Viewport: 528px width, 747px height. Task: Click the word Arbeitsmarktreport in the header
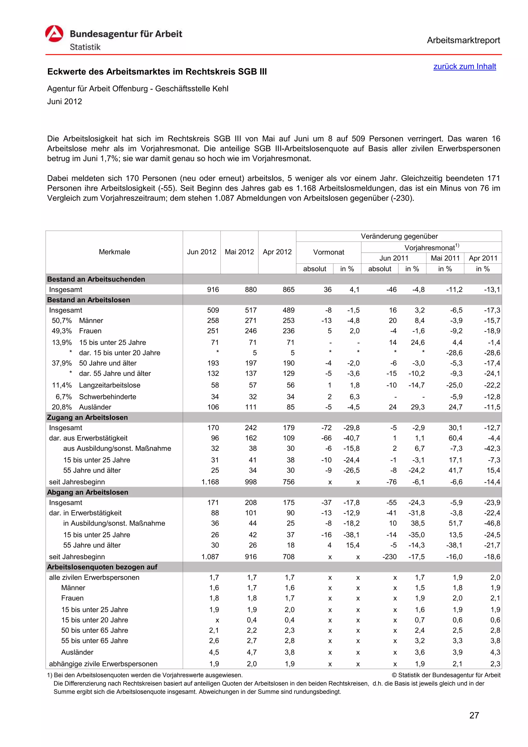point(463,40)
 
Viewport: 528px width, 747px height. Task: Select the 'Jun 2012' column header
point(201,252)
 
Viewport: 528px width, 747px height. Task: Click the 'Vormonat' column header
point(328,252)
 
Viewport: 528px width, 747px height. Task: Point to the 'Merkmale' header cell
point(114,252)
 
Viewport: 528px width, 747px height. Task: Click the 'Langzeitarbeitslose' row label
point(110,385)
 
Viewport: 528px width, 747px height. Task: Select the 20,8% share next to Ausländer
point(62,407)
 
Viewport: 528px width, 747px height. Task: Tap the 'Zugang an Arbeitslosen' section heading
point(87,417)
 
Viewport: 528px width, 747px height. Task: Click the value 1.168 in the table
point(210,482)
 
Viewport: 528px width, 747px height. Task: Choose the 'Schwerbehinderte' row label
point(107,397)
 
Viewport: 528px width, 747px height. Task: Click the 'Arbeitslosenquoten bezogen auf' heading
point(102,567)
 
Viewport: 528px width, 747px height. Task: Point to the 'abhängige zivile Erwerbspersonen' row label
point(103,664)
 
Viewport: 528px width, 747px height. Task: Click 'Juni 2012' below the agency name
point(64,102)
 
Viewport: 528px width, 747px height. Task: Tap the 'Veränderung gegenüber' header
point(399,236)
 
